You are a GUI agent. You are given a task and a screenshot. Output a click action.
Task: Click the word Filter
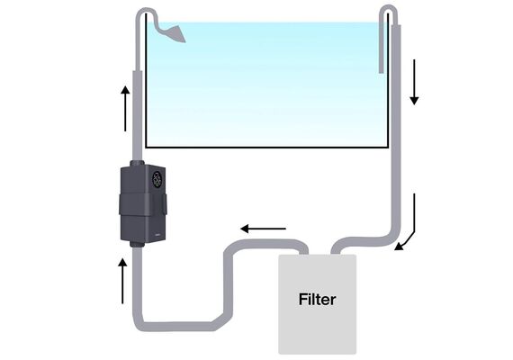(x=317, y=300)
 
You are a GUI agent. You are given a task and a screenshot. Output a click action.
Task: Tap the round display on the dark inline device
(x=157, y=179)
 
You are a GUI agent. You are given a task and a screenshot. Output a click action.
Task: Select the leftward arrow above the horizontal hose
(x=263, y=229)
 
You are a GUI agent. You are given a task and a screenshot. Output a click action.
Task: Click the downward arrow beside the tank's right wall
(x=414, y=82)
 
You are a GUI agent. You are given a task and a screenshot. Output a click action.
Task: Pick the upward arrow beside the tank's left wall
(x=125, y=108)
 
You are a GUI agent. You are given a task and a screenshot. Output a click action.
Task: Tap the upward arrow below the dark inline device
(x=122, y=281)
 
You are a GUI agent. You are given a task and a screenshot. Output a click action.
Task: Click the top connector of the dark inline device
(x=137, y=163)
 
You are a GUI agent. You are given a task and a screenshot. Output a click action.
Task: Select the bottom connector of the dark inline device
(x=137, y=244)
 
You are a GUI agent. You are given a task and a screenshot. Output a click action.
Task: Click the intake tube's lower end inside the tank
(x=382, y=70)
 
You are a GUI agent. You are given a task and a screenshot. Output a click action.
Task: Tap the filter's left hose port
(x=303, y=251)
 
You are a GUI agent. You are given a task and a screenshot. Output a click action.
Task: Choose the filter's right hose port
(x=336, y=251)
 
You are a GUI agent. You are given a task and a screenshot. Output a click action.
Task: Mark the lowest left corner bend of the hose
(x=139, y=325)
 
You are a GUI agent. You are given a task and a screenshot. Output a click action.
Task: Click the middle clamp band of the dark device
(x=142, y=204)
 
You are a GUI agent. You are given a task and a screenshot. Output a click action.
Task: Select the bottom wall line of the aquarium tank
(x=266, y=148)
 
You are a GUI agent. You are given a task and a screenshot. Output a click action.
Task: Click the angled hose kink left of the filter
(x=219, y=321)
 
